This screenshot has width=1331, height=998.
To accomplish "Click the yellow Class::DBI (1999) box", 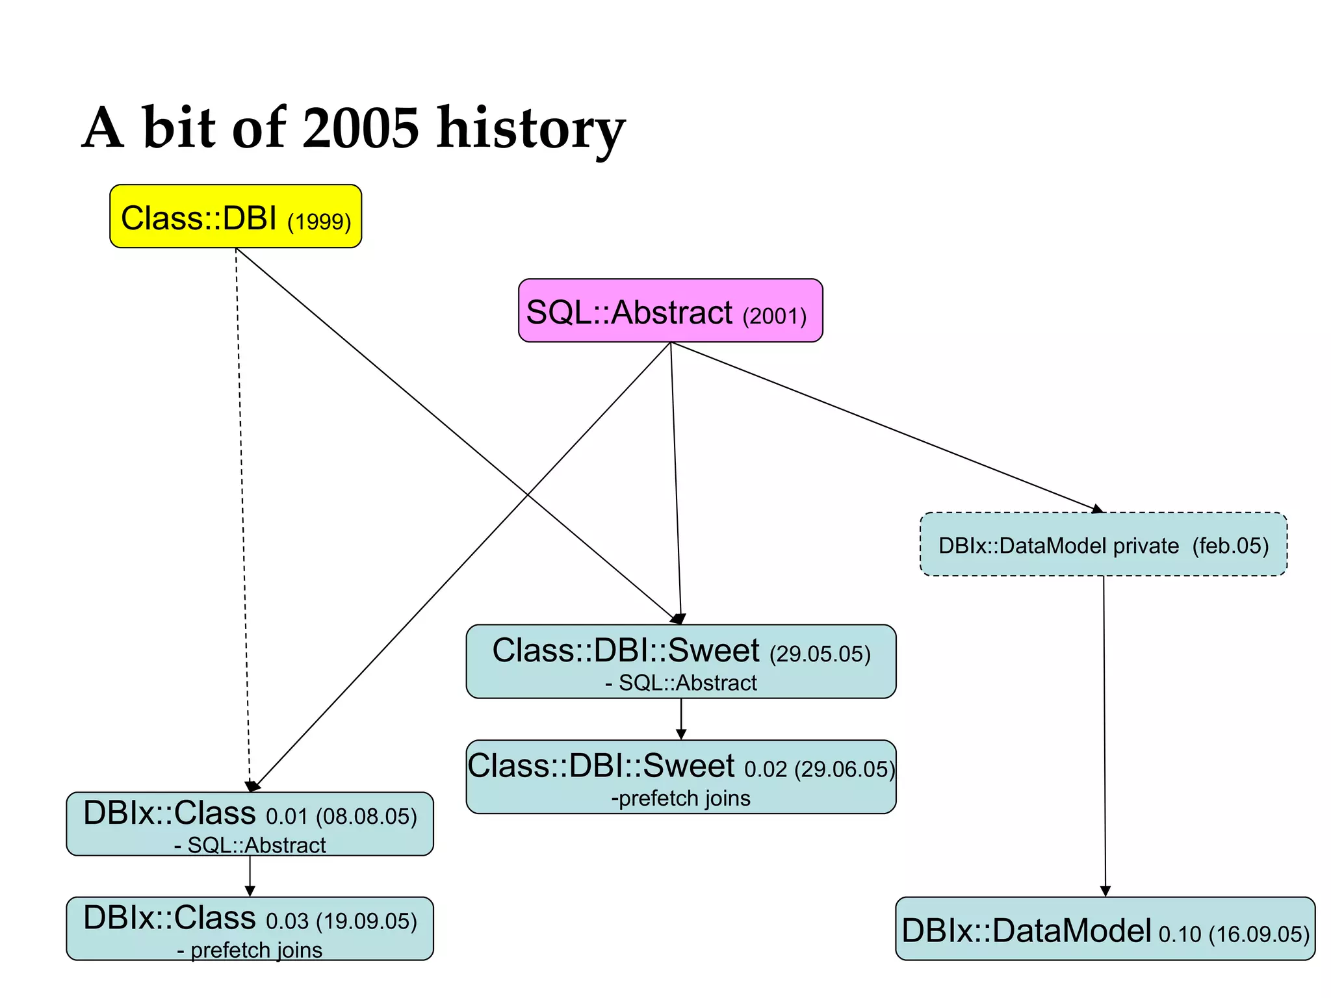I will coord(235,216).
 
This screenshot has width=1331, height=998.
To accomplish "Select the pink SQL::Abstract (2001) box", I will coord(670,311).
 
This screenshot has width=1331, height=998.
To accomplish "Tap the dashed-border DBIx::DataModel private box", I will coord(1103,544).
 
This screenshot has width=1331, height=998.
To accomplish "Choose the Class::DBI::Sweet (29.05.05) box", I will coord(680,661).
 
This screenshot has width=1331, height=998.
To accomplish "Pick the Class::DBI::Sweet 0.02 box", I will coord(680,776).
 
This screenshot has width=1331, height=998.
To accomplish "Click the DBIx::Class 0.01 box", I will coord(250,824).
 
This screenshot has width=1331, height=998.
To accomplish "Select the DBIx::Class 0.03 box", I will coord(250,928).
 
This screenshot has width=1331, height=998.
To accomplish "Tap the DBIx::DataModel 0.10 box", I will coord(1105,929).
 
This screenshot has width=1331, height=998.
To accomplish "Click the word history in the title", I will coord(530,128).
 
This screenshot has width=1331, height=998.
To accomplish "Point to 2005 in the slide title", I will coord(361,128).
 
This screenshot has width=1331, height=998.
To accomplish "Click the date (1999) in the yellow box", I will coord(319,222).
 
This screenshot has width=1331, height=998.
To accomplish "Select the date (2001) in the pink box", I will coord(775,316).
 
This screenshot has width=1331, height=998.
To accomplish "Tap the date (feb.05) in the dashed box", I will coord(1230,546).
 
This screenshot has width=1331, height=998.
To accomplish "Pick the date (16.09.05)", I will coord(1259,934).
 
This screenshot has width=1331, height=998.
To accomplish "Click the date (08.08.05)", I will coord(367,817).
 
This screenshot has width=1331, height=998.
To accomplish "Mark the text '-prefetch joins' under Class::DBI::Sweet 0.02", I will coord(680,798).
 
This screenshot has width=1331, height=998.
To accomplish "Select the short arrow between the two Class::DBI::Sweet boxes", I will coord(681,719).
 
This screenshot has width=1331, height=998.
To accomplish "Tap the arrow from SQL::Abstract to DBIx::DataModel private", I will coord(884,426).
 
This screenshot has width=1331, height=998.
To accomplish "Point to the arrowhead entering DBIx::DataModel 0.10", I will coord(1105,891).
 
